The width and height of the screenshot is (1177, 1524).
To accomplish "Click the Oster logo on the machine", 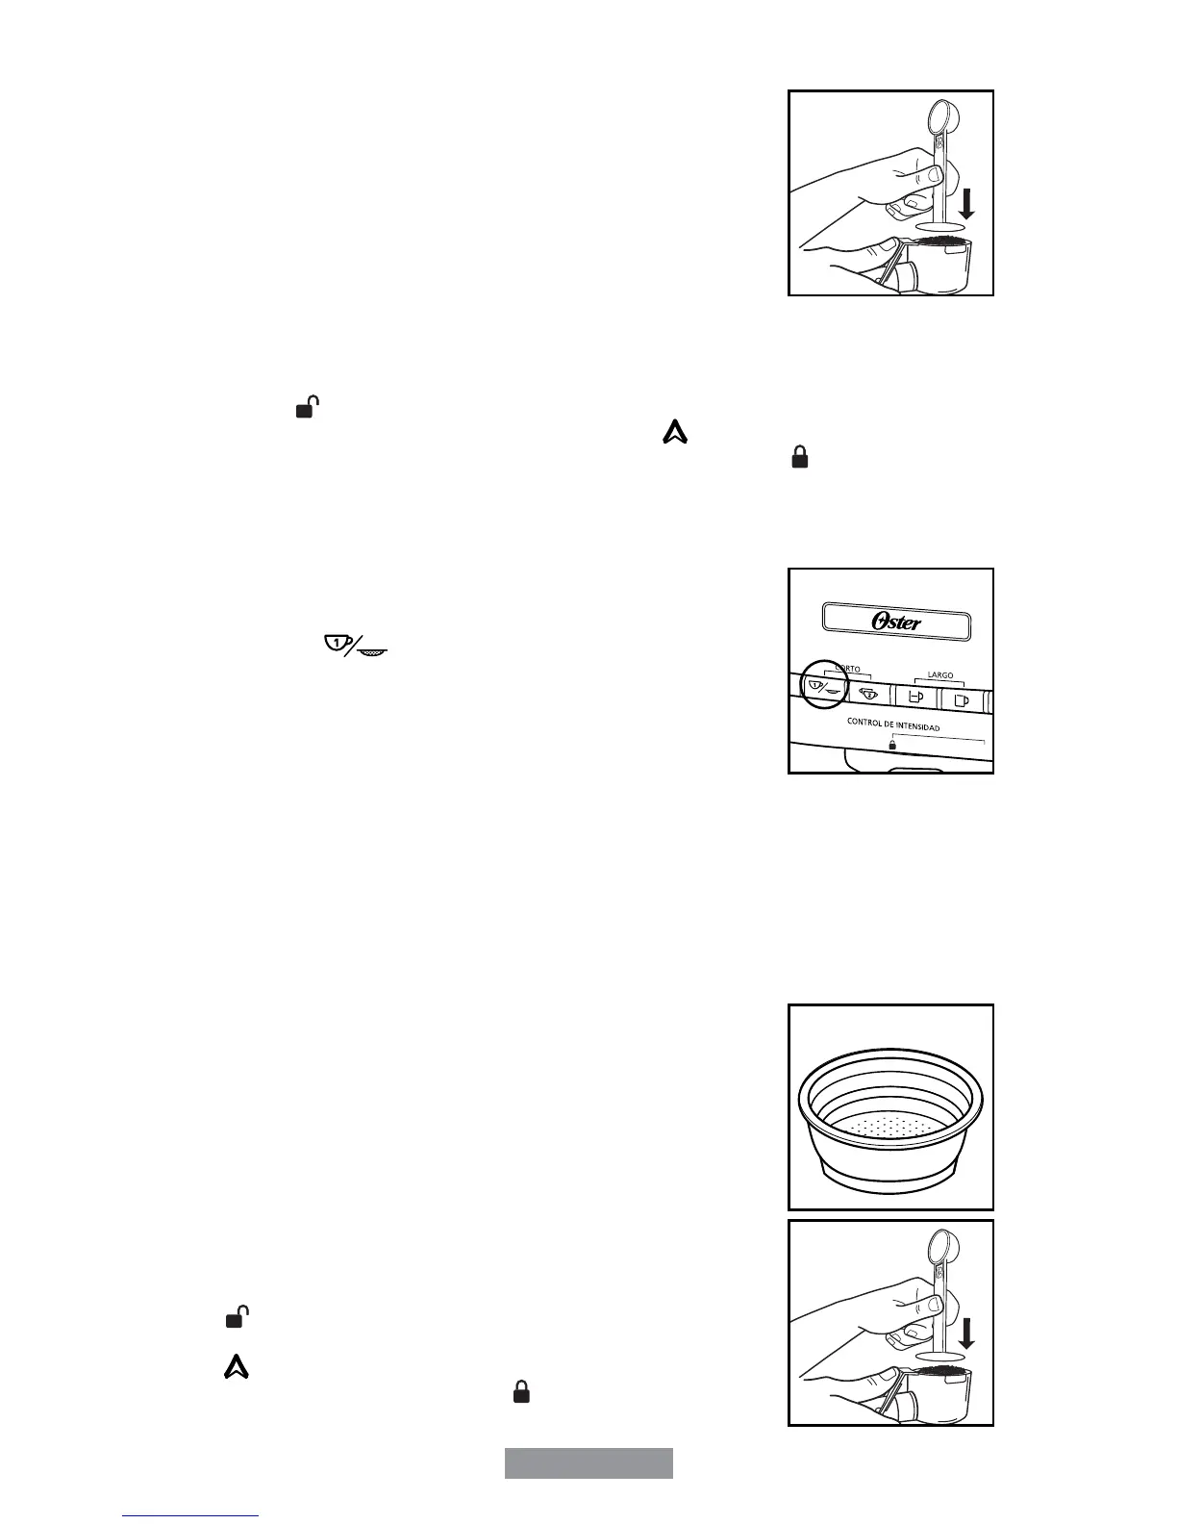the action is tap(896, 622).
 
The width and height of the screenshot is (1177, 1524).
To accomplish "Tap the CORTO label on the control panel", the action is tap(847, 668).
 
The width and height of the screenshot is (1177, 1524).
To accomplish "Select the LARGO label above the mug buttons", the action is tap(939, 675).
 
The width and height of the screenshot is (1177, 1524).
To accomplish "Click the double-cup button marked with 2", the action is tap(867, 694).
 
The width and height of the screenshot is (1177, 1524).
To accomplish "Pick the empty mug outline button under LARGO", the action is tap(962, 698).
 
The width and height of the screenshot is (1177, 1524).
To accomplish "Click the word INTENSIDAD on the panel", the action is tap(911, 726).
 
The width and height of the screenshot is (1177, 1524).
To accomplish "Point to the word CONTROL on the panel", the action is tap(864, 722).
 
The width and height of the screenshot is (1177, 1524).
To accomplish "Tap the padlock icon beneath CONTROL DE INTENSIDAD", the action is tap(892, 744).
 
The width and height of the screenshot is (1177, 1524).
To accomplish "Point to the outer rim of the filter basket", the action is tap(890, 1065).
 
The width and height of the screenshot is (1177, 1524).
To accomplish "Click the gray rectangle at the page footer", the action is tap(588, 1462).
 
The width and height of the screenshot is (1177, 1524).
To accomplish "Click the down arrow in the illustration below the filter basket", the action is tap(966, 1334).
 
